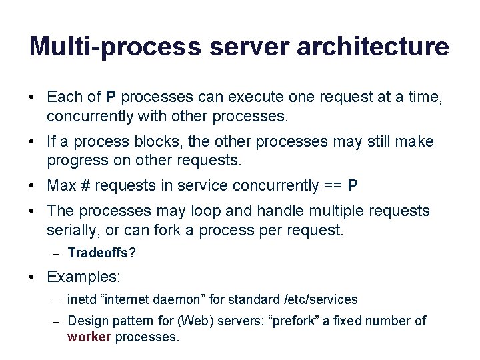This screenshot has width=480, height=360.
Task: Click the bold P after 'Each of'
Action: click(111, 97)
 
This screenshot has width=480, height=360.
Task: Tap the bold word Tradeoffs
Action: click(99, 253)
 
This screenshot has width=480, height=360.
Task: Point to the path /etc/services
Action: click(320, 299)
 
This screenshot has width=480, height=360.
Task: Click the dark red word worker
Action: click(89, 337)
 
